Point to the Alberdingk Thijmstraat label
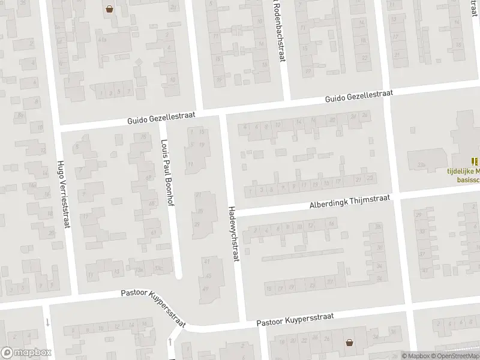[350, 201]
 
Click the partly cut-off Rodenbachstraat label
[277, 30]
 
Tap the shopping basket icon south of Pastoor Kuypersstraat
[349, 343]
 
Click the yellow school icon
[475, 161]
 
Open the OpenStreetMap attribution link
[456, 356]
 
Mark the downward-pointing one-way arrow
[47, 322]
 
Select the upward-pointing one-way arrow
[170, 343]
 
